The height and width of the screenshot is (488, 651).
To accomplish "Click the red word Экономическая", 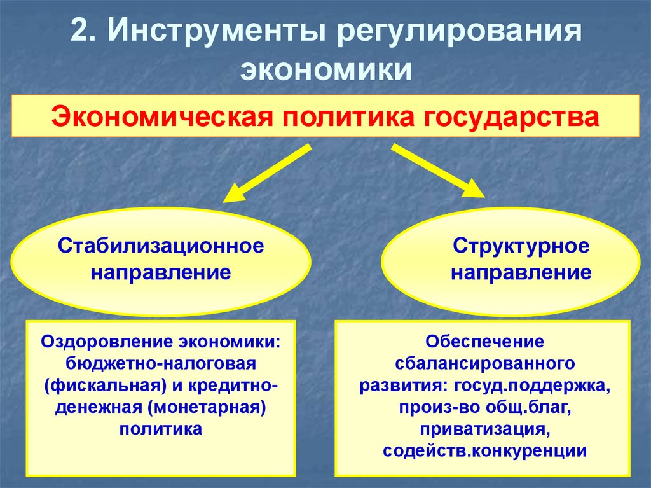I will (x=157, y=117).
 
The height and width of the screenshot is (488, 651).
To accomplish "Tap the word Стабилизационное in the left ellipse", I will (x=161, y=246).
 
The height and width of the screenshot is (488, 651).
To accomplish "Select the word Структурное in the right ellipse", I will (x=521, y=246).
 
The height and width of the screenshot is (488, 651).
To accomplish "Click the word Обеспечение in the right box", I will (x=485, y=342).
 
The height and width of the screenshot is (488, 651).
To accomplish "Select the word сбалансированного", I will (x=485, y=364).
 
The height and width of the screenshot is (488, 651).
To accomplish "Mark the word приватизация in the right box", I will (x=485, y=429).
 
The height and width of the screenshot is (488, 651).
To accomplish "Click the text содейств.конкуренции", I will (x=484, y=450).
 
